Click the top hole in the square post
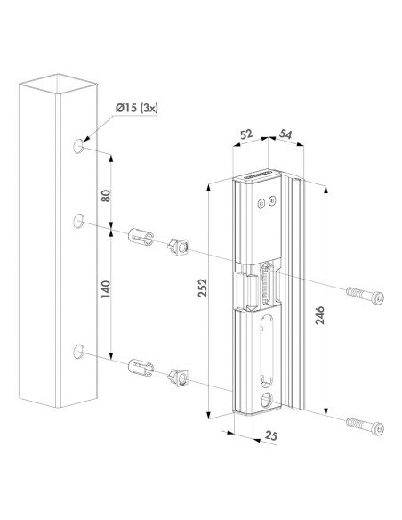79,144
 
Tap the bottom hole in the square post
79,353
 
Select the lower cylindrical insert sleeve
143,368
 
